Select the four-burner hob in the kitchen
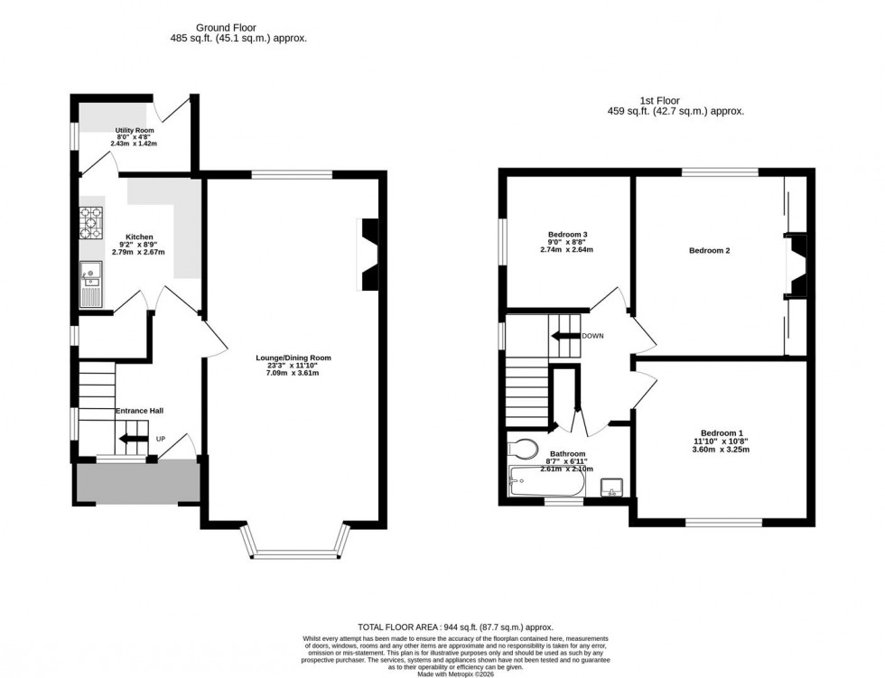[91, 222]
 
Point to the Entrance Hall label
[138, 412]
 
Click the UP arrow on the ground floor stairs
[135, 440]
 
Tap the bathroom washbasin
[611, 488]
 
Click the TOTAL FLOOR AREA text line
[455, 627]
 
